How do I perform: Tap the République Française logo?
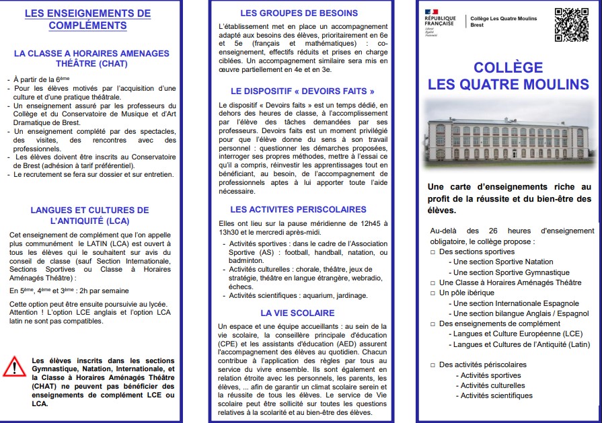(440, 21)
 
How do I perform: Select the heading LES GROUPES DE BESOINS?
(299, 13)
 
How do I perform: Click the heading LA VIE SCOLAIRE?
(299, 313)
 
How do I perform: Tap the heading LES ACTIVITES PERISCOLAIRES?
(299, 209)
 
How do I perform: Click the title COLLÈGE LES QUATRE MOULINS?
(509, 75)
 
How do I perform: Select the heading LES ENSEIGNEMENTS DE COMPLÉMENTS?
(87, 19)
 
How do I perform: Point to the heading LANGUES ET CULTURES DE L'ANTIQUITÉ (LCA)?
(89, 215)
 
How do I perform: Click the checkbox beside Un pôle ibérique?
(433, 293)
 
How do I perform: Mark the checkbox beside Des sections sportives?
(433, 252)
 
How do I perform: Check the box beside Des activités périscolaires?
(433, 364)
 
